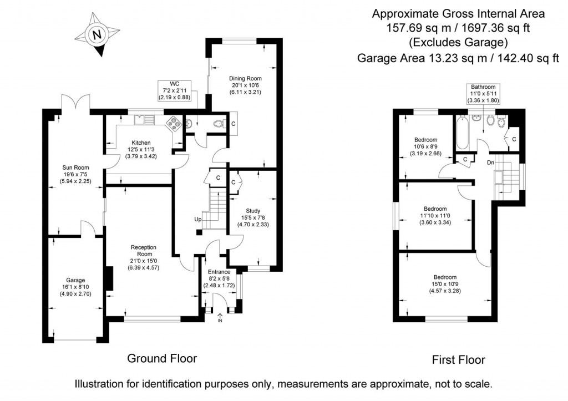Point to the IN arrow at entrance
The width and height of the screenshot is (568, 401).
(x=220, y=317)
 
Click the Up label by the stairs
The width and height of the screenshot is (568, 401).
(x=197, y=220)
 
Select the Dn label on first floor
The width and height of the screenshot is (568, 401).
(x=490, y=163)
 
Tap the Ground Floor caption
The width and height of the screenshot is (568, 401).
(x=162, y=358)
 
